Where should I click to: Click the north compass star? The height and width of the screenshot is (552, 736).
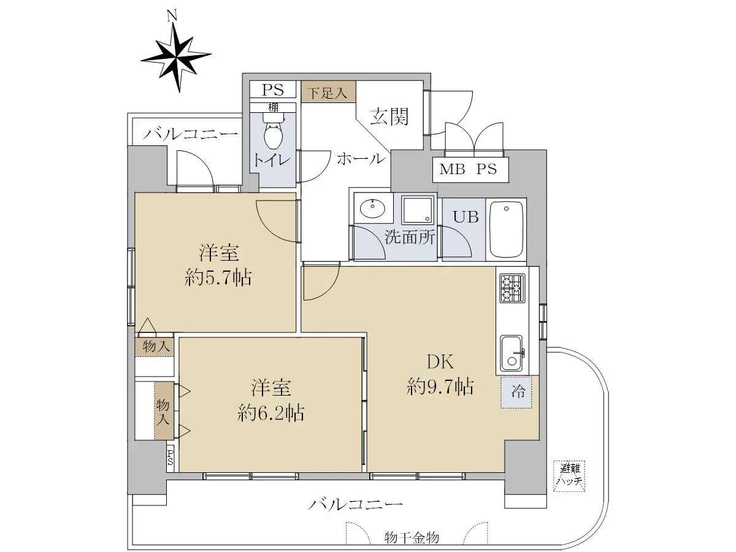click(176, 59)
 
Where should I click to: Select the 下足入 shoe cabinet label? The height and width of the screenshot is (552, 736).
click(328, 92)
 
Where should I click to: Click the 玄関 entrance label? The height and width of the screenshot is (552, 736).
click(389, 117)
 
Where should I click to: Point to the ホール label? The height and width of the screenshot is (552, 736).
click(361, 158)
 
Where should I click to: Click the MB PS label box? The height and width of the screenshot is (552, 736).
click(470, 170)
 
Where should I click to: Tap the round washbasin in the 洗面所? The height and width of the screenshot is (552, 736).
click(372, 209)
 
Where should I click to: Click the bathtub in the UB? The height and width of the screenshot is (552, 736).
click(507, 229)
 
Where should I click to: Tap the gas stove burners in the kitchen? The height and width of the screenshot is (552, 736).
click(512, 287)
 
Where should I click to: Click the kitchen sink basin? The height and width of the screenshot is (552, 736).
click(512, 354)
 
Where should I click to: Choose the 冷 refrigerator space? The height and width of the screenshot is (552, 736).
click(516, 393)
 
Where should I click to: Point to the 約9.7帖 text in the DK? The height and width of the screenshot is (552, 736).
click(440, 386)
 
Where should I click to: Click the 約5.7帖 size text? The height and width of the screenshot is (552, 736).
click(218, 277)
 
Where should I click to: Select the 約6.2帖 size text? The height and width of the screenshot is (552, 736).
click(270, 413)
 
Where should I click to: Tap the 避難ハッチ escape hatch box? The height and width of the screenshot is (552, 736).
click(569, 477)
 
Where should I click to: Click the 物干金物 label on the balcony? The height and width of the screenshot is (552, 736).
click(412, 538)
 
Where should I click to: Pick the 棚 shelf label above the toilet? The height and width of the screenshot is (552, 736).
click(274, 107)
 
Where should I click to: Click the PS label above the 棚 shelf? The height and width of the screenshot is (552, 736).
click(273, 90)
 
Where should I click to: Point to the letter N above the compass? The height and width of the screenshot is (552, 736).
click(172, 16)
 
